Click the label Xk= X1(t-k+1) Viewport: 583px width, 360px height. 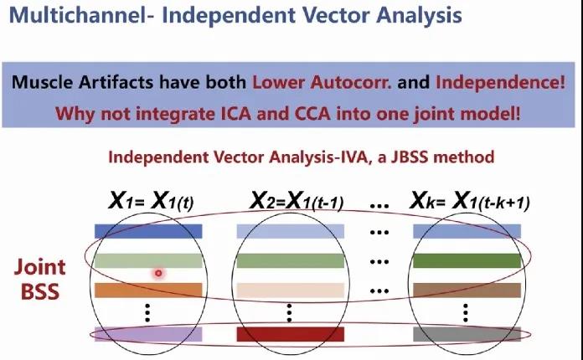[469, 202]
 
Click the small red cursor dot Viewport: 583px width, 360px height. [157, 273]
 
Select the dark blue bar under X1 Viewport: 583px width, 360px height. [148, 231]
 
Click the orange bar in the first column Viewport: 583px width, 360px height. [148, 291]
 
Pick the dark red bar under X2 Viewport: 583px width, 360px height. [289, 334]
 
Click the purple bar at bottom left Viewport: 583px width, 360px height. [148, 334]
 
